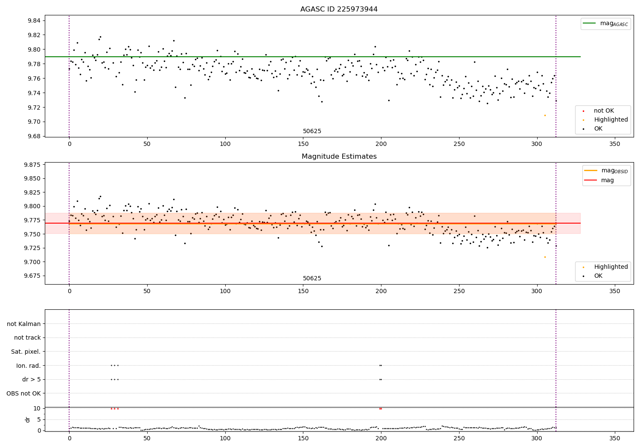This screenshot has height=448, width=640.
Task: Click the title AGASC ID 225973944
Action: click(339, 9)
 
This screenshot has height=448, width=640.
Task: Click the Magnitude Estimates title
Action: click(339, 157)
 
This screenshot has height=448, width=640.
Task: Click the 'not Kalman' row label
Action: click(24, 324)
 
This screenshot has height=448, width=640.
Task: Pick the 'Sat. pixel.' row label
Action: click(26, 352)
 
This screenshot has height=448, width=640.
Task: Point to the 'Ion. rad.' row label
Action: click(29, 366)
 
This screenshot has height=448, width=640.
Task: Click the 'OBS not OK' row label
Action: click(24, 393)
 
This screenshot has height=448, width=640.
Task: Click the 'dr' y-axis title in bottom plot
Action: click(28, 419)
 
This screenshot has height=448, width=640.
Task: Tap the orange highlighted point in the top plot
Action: click(545, 115)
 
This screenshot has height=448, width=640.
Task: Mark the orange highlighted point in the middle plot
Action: click(545, 257)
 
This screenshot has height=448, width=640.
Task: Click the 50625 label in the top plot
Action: click(312, 131)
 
